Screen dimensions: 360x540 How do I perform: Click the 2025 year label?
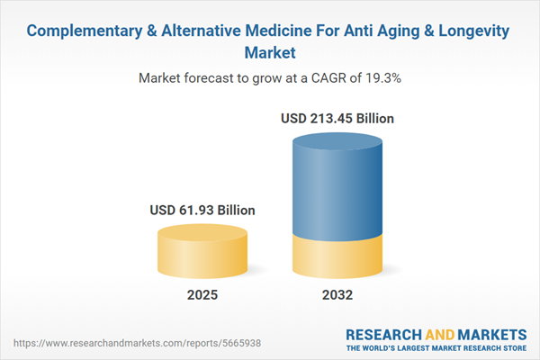pyautogui.click(x=202, y=294)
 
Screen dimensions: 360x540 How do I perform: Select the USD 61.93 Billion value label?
pyautogui.click(x=202, y=210)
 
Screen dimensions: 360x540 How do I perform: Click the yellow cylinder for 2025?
pyautogui.click(x=202, y=254)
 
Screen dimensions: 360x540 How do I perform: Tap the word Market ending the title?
pyautogui.click(x=269, y=52)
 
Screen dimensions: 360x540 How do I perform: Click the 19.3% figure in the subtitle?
pyautogui.click(x=382, y=78)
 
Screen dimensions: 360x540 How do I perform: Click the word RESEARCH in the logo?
pyautogui.click(x=382, y=332)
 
